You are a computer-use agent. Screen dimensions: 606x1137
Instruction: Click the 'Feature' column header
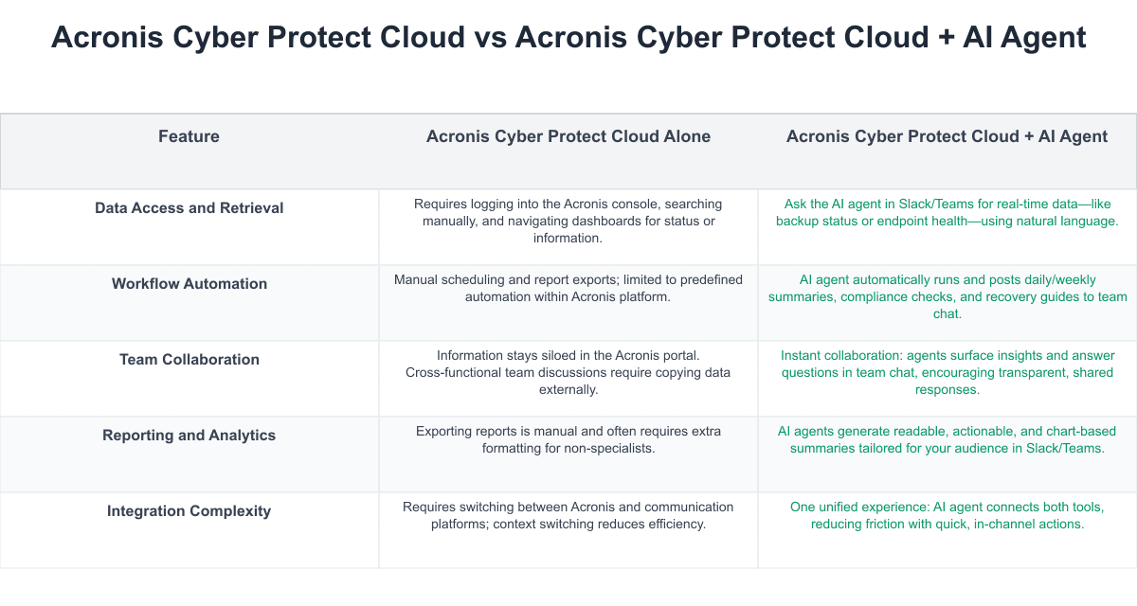189,136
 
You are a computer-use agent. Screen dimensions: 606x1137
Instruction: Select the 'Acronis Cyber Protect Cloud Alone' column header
568,136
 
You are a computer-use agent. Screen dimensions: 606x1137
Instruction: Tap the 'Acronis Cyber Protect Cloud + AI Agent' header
947,136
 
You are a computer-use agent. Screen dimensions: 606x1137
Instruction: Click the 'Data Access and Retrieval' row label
189,208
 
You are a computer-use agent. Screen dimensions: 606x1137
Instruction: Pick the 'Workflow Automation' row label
189,284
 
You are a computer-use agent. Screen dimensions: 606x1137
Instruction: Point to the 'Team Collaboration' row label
189,360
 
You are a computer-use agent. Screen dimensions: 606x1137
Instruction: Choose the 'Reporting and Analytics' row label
189,436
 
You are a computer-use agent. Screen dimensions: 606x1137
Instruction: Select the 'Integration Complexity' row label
189,511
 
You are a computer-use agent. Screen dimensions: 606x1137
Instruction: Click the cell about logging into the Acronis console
568,221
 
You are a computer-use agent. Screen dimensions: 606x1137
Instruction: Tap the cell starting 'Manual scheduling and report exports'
568,288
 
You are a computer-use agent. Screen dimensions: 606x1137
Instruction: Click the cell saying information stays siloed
568,372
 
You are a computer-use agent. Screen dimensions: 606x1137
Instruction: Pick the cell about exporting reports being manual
568,439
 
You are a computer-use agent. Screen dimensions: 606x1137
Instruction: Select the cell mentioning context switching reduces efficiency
568,515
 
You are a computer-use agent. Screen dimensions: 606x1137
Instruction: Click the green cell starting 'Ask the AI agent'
947,212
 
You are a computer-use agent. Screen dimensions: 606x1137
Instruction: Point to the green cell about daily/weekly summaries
947,296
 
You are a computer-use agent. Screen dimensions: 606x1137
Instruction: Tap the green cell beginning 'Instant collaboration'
947,372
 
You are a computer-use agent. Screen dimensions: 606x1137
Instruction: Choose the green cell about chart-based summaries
947,439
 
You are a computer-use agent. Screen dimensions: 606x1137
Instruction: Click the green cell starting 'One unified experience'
947,515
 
